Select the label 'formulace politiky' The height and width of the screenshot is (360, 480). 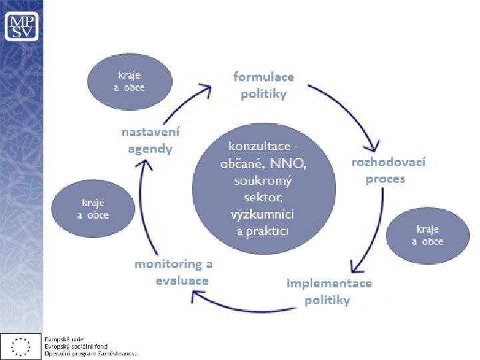pyautogui.click(x=263, y=85)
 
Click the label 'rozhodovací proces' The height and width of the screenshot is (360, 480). pyautogui.click(x=388, y=170)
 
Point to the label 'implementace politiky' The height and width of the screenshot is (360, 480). pyautogui.click(x=329, y=291)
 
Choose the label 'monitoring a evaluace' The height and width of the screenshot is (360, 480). pyautogui.click(x=177, y=272)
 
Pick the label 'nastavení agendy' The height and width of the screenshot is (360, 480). pyautogui.click(x=150, y=140)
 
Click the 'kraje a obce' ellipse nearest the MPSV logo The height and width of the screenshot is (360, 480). pyautogui.click(x=127, y=81)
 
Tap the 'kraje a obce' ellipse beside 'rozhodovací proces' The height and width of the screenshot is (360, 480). pyautogui.click(x=427, y=235)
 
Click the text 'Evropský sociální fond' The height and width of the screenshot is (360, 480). pyautogui.click(x=75, y=347)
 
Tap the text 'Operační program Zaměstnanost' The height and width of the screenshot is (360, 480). pyautogui.click(x=90, y=353)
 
